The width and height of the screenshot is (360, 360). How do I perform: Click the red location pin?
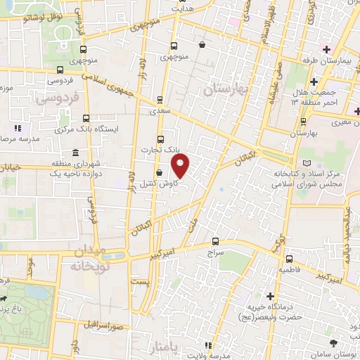tap(181, 167)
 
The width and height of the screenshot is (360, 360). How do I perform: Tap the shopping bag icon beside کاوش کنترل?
tap(160, 172)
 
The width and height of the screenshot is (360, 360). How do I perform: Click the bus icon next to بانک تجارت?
tap(160, 139)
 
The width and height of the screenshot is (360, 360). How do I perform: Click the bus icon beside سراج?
tap(215, 240)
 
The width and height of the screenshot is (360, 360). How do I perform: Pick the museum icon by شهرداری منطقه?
tap(75, 153)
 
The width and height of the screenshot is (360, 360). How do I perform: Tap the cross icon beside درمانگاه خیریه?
tap(269, 296)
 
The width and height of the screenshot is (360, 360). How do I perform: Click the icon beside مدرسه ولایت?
tap(207, 345)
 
